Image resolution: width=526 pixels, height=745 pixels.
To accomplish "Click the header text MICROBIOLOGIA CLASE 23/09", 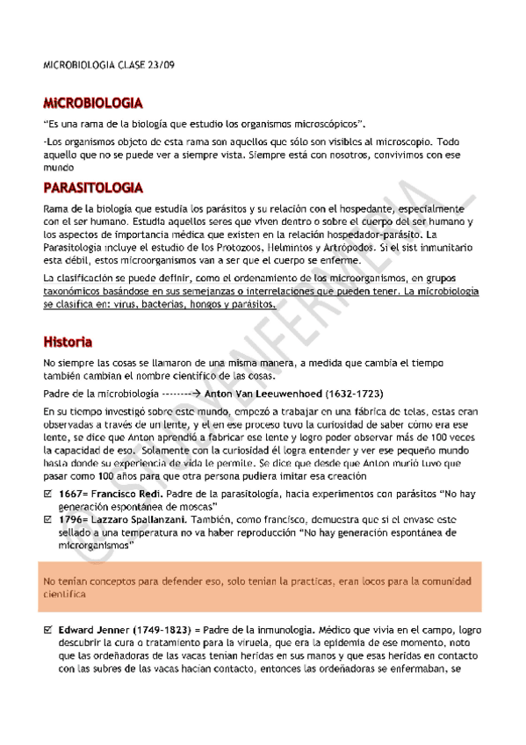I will [x=115, y=67].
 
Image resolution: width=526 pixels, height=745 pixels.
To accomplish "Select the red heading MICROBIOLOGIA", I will [x=93, y=103].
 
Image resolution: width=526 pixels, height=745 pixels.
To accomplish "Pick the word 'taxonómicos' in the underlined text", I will [x=73, y=291].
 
